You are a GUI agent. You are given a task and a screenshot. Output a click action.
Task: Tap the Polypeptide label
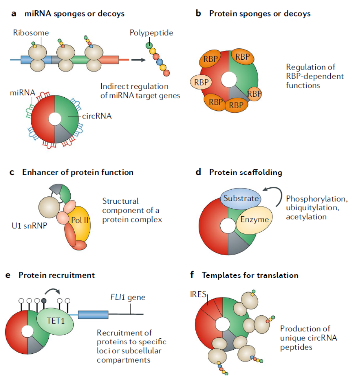tap(151, 33)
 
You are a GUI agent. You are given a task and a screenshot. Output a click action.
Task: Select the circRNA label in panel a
tap(95, 118)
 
